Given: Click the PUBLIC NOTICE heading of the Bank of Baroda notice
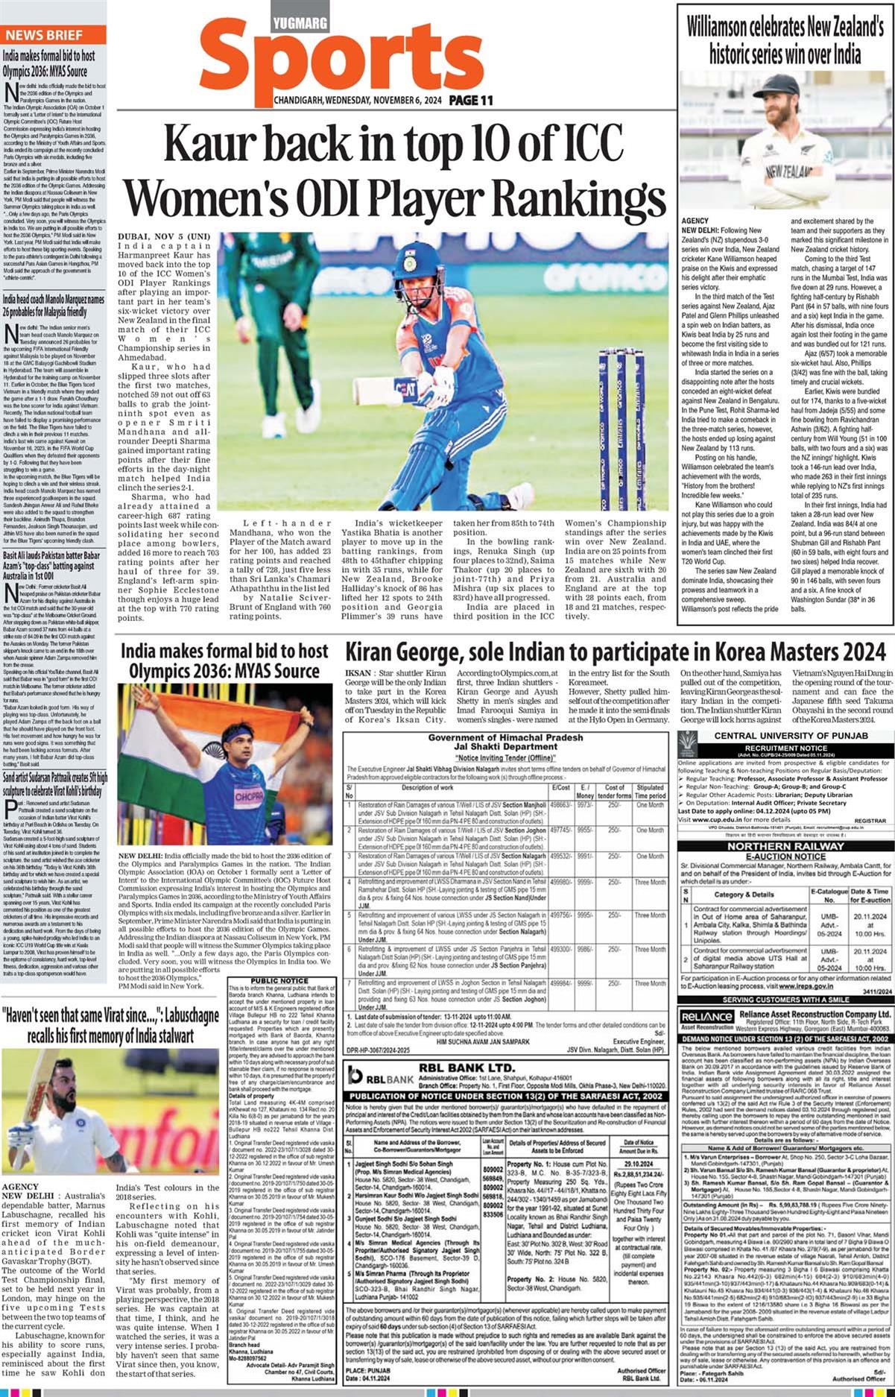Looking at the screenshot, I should pos(279,981).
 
